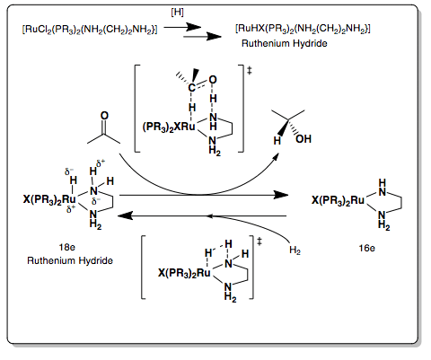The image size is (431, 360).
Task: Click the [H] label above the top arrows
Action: (177, 13)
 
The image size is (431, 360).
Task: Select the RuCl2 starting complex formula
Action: (90, 30)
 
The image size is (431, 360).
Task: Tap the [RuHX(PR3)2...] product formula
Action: (303, 29)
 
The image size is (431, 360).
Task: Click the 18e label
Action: (67, 247)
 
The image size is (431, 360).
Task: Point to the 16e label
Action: (366, 248)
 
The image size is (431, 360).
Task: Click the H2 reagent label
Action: (295, 250)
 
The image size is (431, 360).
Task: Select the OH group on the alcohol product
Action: (303, 139)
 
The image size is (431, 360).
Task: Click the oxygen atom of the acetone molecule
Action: (104, 116)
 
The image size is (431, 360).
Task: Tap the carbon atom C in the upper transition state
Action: (191, 88)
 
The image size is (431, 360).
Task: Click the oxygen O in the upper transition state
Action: (213, 80)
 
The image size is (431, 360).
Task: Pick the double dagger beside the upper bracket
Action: (250, 71)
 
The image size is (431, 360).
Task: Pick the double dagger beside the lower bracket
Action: (259, 241)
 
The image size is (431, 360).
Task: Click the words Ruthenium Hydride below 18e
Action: (70, 260)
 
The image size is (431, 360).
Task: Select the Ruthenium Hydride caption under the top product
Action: (285, 43)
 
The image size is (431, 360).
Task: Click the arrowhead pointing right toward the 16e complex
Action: (281, 196)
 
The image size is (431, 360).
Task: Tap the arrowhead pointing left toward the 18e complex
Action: (126, 215)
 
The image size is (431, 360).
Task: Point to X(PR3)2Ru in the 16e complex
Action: (338, 200)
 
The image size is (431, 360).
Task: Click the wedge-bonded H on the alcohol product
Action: (277, 140)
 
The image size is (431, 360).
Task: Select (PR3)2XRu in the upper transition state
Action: (169, 127)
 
